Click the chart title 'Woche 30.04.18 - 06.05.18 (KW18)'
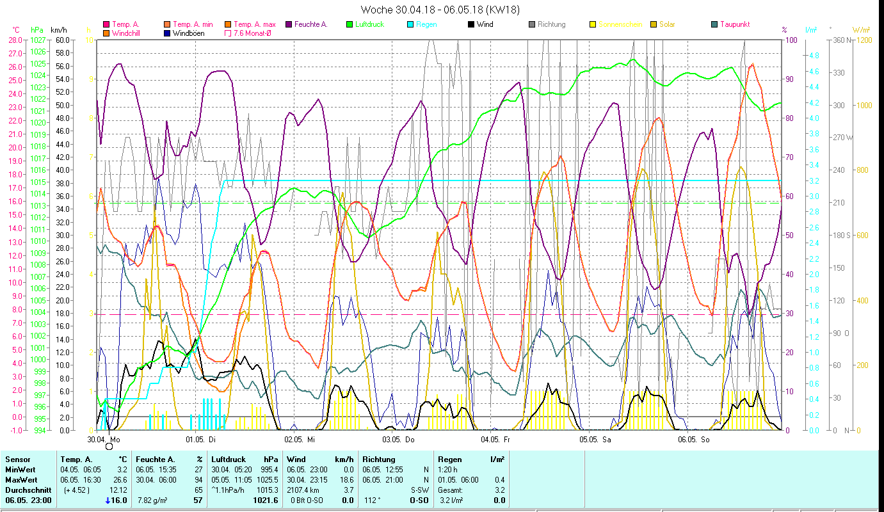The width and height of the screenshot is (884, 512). pos(440,9)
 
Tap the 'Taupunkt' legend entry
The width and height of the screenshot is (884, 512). pos(734,24)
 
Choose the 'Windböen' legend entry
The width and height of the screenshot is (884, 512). pos(189,33)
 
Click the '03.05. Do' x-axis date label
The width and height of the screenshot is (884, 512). pos(398,440)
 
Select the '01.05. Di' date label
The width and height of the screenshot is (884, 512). pos(201,440)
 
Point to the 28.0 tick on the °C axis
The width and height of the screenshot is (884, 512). pos(15,40)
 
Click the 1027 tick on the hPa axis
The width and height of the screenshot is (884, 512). pos(38,40)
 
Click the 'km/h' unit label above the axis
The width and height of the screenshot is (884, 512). pos(58,30)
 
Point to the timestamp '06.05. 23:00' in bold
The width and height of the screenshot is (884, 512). pos(28,500)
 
